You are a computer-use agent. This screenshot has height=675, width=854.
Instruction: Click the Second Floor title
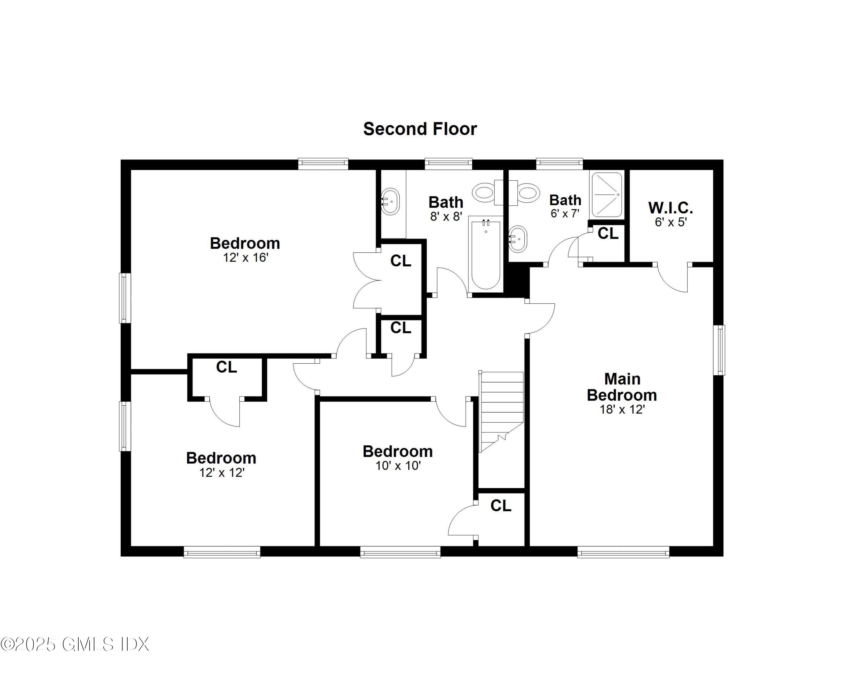[x=420, y=129]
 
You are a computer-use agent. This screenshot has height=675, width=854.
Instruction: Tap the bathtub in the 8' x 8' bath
[x=486, y=255]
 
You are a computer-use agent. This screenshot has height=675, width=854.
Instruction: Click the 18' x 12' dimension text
[x=622, y=409]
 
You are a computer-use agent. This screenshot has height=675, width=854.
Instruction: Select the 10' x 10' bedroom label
[x=397, y=451]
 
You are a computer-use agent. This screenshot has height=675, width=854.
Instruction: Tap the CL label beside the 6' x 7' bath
[x=607, y=234]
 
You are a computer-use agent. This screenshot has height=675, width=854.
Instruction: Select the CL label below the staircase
[x=501, y=505]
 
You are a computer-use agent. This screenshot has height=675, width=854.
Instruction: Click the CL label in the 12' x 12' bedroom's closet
[x=226, y=367]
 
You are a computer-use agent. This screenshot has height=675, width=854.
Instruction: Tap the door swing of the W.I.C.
[x=673, y=280]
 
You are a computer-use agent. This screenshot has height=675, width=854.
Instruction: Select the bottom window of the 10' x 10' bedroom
[x=400, y=552]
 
